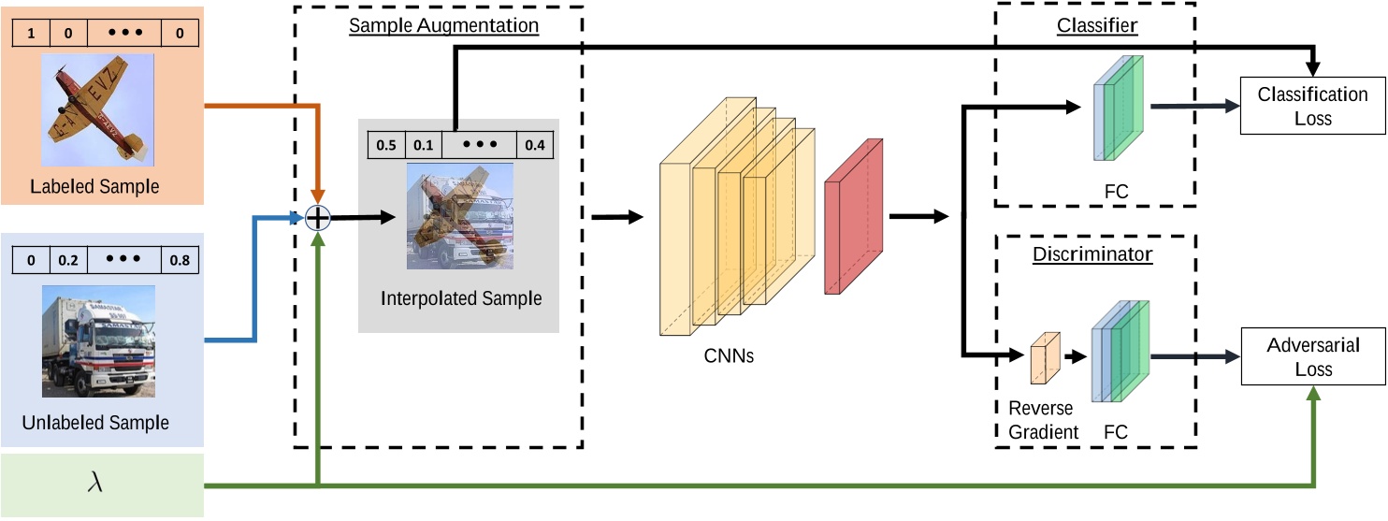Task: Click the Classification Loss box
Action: [1312, 107]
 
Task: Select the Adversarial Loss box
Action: [1312, 356]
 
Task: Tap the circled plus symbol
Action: [320, 217]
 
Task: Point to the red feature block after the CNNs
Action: [852, 217]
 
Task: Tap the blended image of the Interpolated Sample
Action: [459, 216]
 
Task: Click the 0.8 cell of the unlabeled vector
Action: [179, 261]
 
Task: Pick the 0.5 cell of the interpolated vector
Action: [385, 145]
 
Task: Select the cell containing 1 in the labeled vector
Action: [30, 34]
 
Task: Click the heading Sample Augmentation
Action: [443, 24]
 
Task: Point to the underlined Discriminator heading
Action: [1092, 253]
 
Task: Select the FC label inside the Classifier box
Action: [1116, 191]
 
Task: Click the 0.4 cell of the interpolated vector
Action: [535, 145]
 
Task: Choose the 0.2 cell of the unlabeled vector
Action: [67, 261]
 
